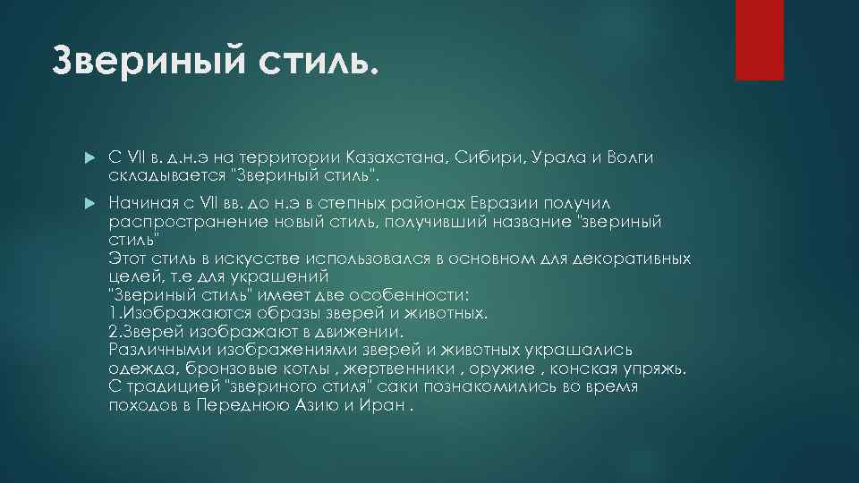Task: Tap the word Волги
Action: (x=629, y=157)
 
